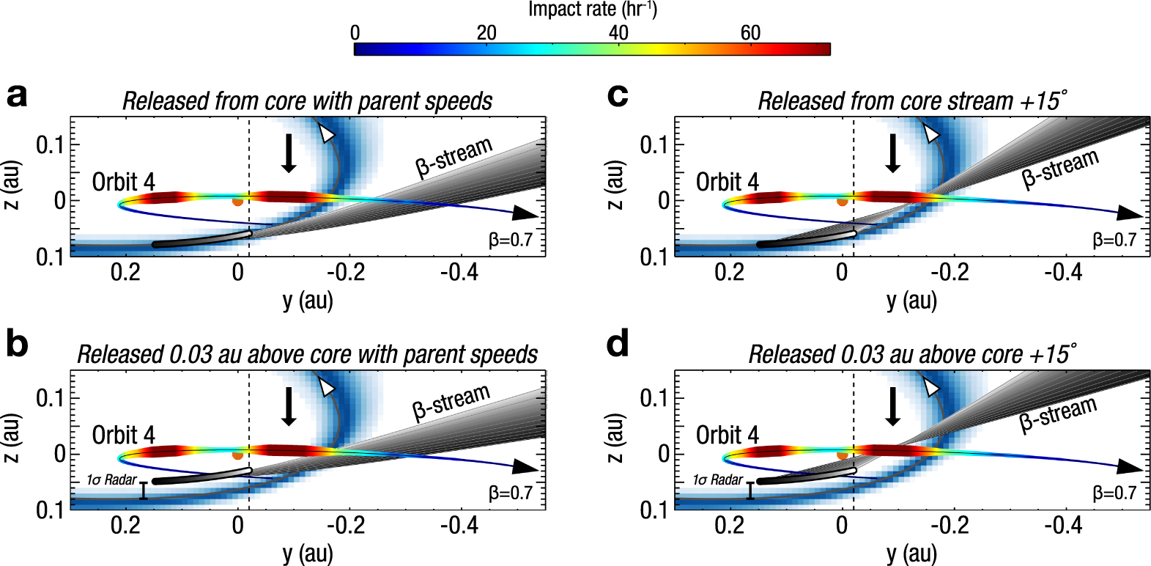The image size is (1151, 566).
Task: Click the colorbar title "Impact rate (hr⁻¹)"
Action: (x=592, y=10)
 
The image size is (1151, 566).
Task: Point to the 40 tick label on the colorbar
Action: (x=618, y=33)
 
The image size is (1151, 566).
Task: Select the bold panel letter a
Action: (x=17, y=95)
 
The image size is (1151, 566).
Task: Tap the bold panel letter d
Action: (x=618, y=343)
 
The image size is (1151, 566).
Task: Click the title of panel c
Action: (x=912, y=100)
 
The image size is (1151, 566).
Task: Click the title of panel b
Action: (x=307, y=354)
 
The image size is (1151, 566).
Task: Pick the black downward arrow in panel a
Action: (x=289, y=152)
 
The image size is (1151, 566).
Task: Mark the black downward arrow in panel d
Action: (x=892, y=406)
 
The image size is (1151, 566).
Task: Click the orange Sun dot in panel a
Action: (x=237, y=201)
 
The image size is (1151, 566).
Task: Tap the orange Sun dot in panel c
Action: (x=842, y=201)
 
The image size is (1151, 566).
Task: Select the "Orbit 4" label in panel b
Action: (x=123, y=435)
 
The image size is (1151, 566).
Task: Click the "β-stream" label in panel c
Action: (x=1060, y=169)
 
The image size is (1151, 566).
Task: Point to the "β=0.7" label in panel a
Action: (x=511, y=240)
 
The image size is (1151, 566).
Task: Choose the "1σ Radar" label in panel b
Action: (x=111, y=479)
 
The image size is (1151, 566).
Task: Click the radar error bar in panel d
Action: (x=750, y=490)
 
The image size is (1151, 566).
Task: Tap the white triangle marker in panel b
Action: (x=327, y=387)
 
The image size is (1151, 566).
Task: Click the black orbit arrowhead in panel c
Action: (x=1129, y=213)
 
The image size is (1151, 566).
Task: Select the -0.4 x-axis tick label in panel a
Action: (x=459, y=272)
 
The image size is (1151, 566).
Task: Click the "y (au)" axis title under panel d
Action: (x=911, y=554)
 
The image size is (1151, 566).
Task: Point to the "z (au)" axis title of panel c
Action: (x=615, y=185)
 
